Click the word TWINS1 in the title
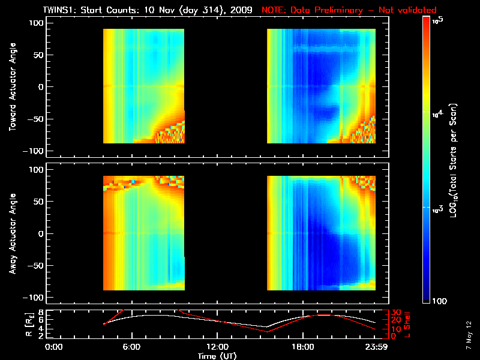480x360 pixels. pyautogui.click(x=59, y=10)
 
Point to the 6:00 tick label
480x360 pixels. pyautogui.click(x=131, y=347)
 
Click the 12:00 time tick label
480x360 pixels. pyautogui.click(x=217, y=347)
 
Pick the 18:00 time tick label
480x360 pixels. pyautogui.click(x=302, y=347)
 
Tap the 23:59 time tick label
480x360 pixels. pyautogui.click(x=374, y=347)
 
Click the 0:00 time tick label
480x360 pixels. pyautogui.click(x=55, y=347)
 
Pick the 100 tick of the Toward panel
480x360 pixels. pyautogui.click(x=37, y=23)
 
